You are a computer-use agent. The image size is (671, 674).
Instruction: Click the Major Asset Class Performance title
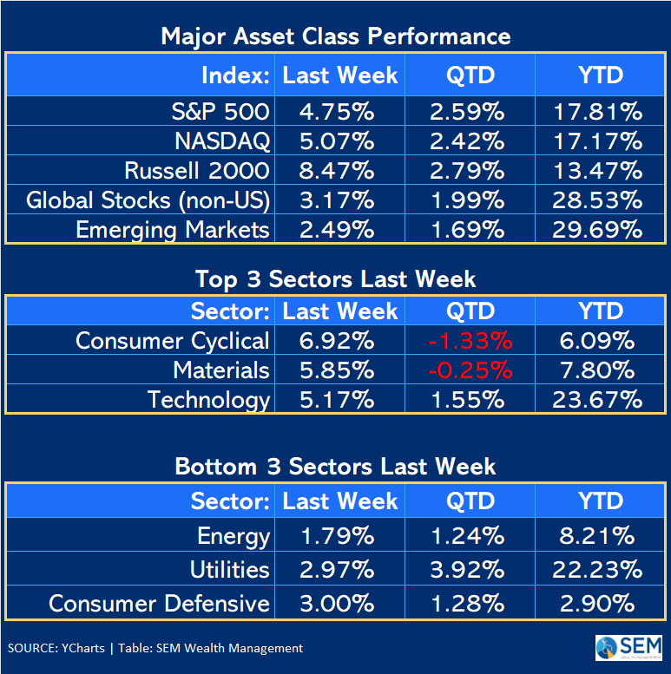335,36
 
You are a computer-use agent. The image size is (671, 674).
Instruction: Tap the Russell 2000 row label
197,170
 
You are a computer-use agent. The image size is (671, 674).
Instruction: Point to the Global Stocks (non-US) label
148,200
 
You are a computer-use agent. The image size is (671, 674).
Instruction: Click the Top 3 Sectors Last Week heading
335,279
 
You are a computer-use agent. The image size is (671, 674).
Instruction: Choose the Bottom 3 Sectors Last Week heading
335,467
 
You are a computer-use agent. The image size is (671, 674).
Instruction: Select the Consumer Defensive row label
159,603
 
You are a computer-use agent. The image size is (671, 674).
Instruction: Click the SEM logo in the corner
628,648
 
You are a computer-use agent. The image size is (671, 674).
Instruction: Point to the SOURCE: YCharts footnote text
155,648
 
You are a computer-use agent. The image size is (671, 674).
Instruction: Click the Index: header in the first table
235,75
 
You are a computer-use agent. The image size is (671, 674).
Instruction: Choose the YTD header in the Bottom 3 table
601,501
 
